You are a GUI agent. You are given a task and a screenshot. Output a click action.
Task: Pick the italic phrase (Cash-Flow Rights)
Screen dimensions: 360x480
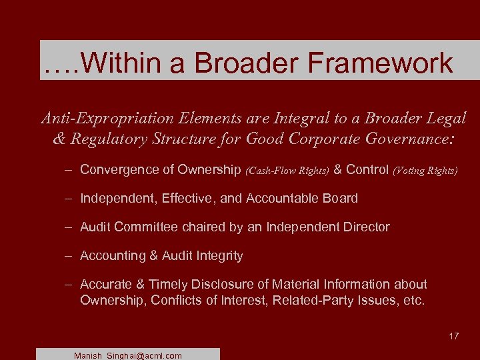[x=287, y=171]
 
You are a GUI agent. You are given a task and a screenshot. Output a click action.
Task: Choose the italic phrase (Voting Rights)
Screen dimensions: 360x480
[x=425, y=171]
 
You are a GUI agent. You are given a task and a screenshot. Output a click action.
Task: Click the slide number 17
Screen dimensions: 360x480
[x=453, y=336]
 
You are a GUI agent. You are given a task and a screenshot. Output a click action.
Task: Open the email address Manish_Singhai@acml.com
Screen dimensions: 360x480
[x=128, y=355]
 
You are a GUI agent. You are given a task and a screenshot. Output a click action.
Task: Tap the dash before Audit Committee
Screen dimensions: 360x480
[x=69, y=227]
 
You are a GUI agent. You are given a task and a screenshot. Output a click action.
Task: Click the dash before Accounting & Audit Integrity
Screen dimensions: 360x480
[x=69, y=255]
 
